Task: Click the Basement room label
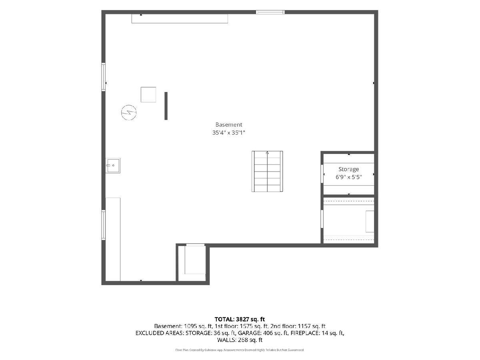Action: [x=228, y=124]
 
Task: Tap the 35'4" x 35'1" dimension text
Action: [x=228, y=133]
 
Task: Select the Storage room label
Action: [x=348, y=169]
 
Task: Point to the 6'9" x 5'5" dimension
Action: [x=348, y=177]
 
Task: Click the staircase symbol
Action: [x=267, y=171]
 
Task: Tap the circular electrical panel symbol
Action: [x=129, y=112]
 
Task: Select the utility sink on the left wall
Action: [x=113, y=166]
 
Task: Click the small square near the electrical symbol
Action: [x=148, y=94]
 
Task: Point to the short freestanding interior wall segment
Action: [x=166, y=106]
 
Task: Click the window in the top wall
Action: [x=270, y=12]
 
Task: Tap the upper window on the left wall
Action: [x=104, y=77]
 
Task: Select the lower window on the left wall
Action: [x=104, y=225]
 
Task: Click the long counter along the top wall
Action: [x=180, y=18]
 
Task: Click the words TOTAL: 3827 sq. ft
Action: [x=240, y=319]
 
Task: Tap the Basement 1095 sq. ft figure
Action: [x=183, y=326]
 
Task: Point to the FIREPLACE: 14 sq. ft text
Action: [x=317, y=333]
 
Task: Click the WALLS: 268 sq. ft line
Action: [x=240, y=340]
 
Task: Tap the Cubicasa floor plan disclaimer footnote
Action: [x=240, y=350]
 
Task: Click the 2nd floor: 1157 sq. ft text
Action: [x=298, y=326]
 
